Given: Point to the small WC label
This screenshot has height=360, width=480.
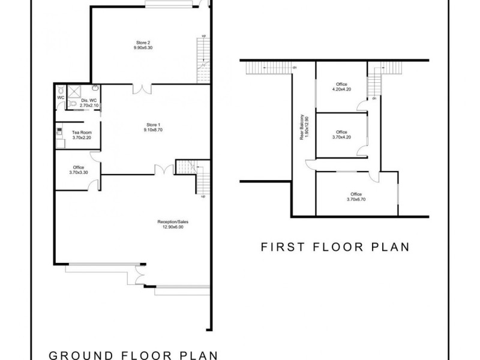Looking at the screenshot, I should tap(61, 97).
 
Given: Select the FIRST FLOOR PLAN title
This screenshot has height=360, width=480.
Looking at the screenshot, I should tap(335, 246).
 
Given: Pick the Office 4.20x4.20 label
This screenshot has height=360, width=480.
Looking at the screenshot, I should tap(341, 85).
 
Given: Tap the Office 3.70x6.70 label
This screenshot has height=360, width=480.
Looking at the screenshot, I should tap(356, 194).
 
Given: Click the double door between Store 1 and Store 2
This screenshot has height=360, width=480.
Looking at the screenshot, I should tap(143, 89).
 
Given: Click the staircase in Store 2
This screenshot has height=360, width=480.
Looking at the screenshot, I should tap(203, 60).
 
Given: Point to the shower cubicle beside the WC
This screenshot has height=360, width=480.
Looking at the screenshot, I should tap(74, 92).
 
